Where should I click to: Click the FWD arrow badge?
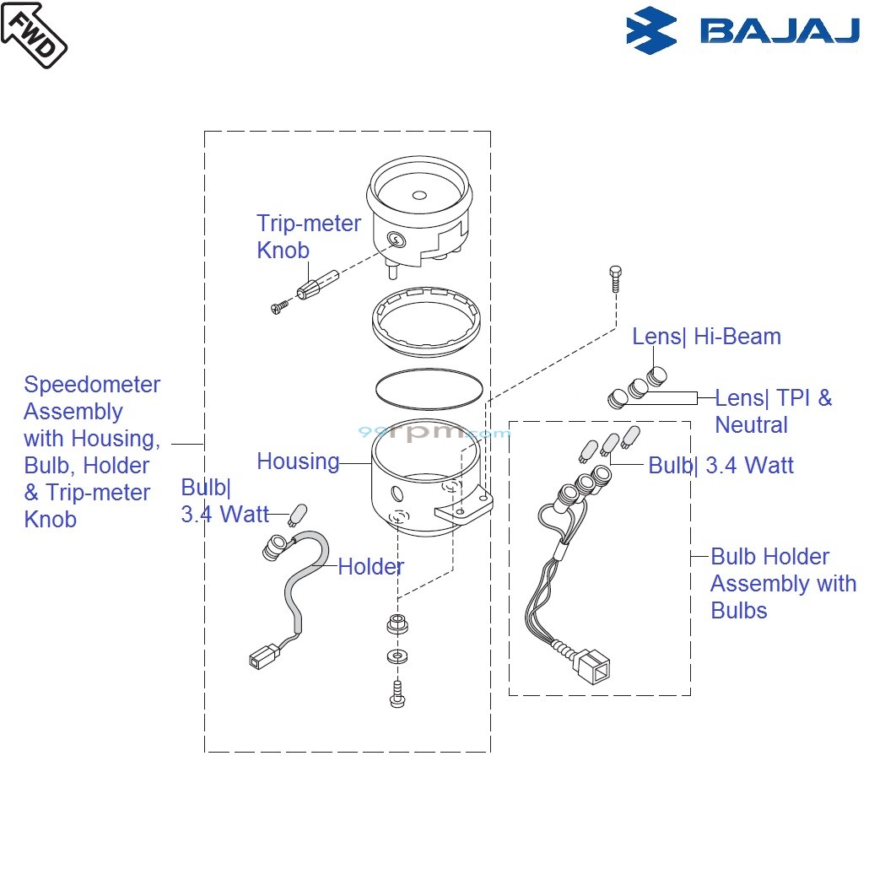tap(34, 34)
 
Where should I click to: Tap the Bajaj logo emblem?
tap(651, 30)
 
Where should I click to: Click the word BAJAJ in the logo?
tap(779, 31)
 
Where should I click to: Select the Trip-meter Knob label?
tap(308, 237)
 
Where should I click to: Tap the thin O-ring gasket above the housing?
tap(429, 388)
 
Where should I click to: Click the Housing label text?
tap(298, 461)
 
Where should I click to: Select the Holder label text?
tap(370, 567)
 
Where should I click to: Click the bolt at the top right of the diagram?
tap(615, 278)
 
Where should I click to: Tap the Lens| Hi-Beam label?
tap(706, 337)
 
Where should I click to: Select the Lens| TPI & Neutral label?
tap(773, 412)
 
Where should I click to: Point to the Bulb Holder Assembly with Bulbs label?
tap(782, 584)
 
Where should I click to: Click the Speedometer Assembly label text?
tap(91, 452)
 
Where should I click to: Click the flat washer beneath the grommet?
tap(395, 656)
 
